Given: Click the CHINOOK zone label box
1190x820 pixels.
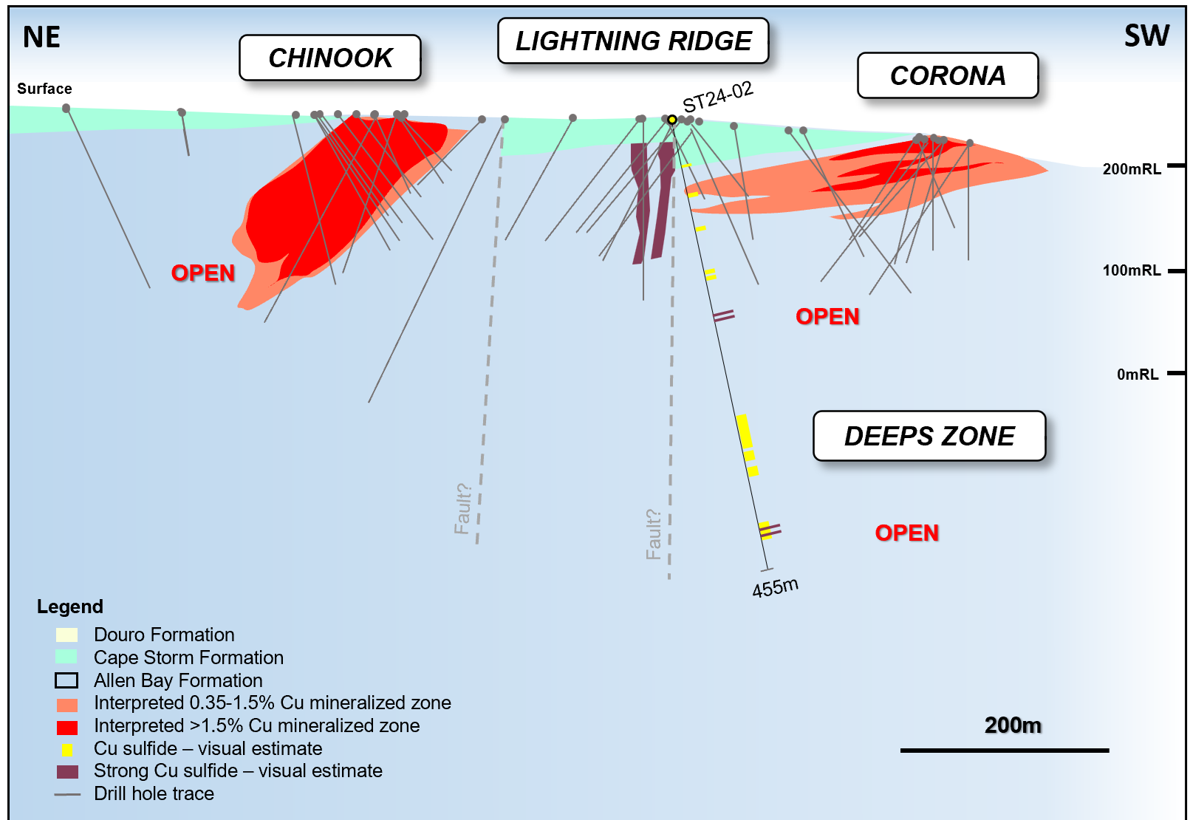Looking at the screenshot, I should (330, 58).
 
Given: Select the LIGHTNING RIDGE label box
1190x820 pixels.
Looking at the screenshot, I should (633, 41).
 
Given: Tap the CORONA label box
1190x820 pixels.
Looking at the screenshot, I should (948, 75).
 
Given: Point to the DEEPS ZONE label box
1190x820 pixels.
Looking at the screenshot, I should (929, 436).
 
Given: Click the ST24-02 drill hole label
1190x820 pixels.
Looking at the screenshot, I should (717, 97).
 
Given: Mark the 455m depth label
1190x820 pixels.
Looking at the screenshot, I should (775, 588).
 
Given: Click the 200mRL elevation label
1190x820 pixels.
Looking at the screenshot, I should (1132, 169).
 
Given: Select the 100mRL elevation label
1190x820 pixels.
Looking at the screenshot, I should (1132, 270).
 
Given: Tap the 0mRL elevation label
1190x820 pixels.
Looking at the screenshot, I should (1138, 375).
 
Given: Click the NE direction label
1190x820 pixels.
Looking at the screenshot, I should (41, 37).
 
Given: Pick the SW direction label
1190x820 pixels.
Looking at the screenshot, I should (1146, 35).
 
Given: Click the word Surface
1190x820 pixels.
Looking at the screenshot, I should (44, 89).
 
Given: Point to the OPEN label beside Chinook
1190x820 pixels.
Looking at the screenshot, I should (203, 273).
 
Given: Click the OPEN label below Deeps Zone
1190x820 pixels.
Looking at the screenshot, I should (907, 533).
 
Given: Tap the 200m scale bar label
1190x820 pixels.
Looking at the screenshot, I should (1013, 725).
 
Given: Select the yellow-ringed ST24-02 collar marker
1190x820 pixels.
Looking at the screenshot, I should (672, 120).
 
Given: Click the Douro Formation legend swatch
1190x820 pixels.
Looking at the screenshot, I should (66, 635).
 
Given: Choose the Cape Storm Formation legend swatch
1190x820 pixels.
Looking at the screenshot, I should (66, 657).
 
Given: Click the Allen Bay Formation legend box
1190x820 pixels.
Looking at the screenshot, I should (66, 680).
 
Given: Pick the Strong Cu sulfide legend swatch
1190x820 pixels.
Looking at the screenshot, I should (67, 771).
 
